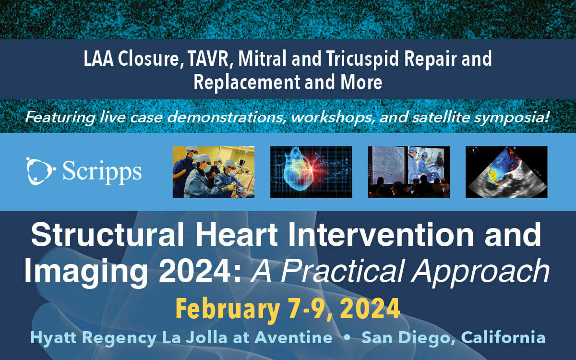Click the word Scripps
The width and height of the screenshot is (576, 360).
[102, 172]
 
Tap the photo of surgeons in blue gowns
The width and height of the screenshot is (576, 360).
[213, 172]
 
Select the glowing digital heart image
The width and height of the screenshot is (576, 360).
[311, 172]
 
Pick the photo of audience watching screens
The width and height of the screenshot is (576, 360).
[408, 172]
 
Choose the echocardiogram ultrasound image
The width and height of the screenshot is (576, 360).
[506, 172]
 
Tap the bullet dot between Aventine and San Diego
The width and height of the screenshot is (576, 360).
[347, 338]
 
